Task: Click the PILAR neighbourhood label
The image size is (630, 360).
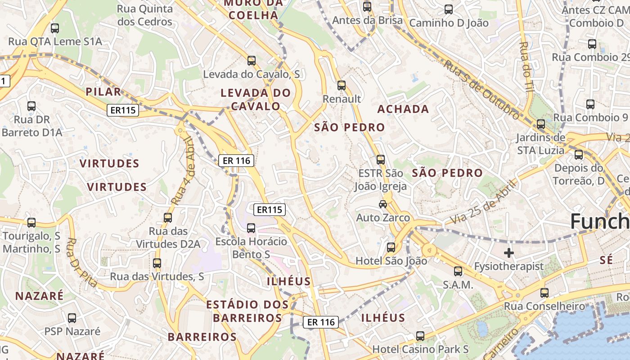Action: [x=103, y=92]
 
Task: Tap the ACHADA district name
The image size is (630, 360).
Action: [x=403, y=109]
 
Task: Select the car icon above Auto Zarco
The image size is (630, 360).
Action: [x=383, y=204]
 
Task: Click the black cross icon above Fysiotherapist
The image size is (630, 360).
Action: [x=509, y=253]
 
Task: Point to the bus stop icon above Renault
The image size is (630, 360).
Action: [x=342, y=85]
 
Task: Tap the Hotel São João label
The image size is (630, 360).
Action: [x=391, y=261]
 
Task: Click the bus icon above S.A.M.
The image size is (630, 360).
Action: [x=458, y=271]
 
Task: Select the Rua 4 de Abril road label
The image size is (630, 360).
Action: [x=184, y=171]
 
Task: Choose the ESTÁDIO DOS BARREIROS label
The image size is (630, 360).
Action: [x=247, y=311]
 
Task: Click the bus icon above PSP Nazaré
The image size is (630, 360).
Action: [x=72, y=318]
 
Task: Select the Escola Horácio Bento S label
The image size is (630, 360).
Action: [x=251, y=248]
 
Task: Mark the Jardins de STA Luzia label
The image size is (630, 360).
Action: [x=540, y=144]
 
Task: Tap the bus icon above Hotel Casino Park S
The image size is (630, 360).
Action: [x=420, y=336]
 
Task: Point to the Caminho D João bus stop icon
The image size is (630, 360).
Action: [x=449, y=9]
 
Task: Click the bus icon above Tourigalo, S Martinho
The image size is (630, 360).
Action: [x=31, y=222]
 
